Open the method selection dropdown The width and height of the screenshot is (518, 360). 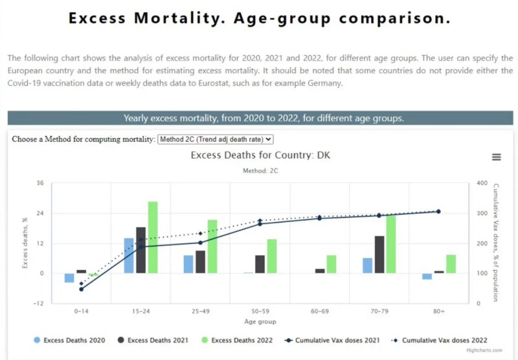click(216, 139)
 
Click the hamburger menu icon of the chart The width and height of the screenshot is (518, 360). click(497, 157)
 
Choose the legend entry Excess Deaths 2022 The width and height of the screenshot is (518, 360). click(236, 339)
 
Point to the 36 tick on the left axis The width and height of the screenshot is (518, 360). click(39, 183)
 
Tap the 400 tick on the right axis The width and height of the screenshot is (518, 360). click(481, 183)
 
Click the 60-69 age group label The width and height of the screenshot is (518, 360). click(320, 311)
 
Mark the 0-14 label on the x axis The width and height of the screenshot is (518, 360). click(82, 311)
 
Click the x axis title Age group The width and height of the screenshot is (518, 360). click(260, 321)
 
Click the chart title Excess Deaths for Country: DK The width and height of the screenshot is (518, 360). click(260, 156)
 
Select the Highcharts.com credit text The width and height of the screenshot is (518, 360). click(484, 350)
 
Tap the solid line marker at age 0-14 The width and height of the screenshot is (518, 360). click(82, 289)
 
